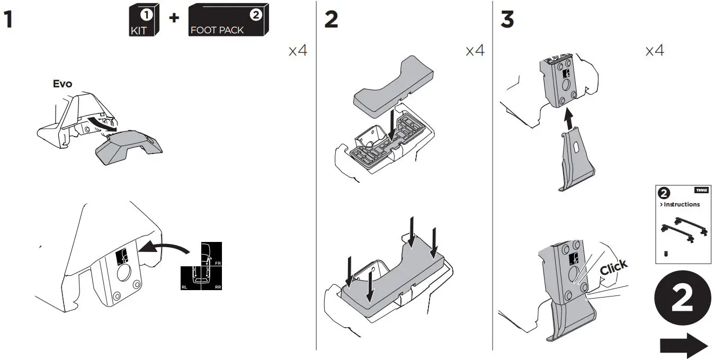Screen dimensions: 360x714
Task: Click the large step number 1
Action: (8, 20)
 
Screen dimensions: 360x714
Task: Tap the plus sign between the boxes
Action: (174, 18)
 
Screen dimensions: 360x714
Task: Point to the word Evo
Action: (62, 84)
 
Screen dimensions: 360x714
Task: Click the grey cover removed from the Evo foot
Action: (127, 148)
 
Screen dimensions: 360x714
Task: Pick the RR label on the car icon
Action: (218, 286)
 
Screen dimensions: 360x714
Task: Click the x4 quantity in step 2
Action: (475, 51)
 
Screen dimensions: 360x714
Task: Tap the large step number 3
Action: (507, 20)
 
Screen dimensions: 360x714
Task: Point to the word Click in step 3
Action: (613, 267)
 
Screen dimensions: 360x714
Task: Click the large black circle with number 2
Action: (682, 300)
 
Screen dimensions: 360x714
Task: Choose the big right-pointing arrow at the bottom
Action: (683, 346)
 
